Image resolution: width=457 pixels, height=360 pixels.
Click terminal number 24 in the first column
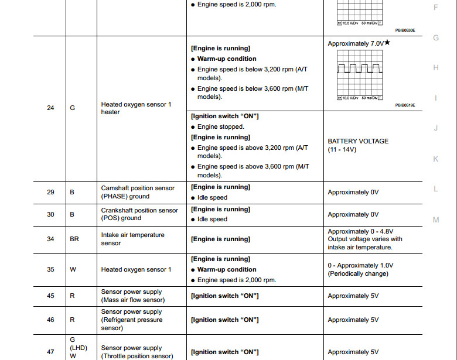(x=50, y=108)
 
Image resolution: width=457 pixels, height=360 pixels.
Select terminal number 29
(x=50, y=192)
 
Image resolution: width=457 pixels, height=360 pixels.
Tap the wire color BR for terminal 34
(x=74, y=239)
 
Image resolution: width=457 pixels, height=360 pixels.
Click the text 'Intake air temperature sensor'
(x=132, y=239)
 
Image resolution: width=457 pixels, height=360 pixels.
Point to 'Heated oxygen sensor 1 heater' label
(x=136, y=108)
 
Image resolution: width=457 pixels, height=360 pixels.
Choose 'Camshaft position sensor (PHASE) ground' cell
(x=138, y=192)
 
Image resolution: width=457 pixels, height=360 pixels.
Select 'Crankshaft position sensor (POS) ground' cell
(x=139, y=214)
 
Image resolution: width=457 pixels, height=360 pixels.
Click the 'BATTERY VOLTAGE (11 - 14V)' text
(x=357, y=145)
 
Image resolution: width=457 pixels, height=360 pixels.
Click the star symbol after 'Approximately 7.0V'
(x=387, y=43)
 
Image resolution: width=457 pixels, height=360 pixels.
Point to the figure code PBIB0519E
(x=404, y=105)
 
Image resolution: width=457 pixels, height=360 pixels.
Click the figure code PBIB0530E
(x=404, y=30)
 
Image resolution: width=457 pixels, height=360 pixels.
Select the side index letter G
(x=435, y=38)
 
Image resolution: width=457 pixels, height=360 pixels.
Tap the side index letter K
(x=435, y=159)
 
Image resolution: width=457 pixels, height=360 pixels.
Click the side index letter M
(x=435, y=220)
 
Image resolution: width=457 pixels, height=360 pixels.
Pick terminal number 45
(x=50, y=296)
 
